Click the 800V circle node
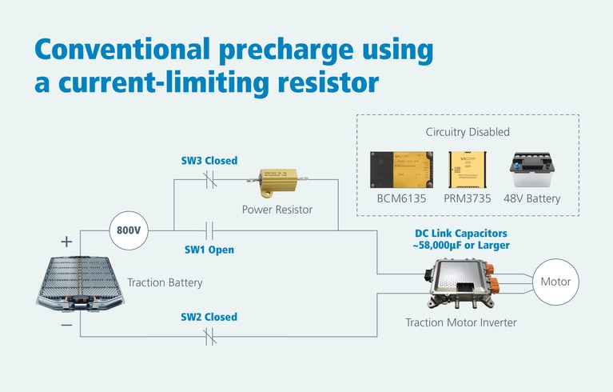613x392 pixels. pos(129,230)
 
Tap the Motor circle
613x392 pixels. pos(555,282)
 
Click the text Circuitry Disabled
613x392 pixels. pos(468,131)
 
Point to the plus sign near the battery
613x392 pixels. pos(66,241)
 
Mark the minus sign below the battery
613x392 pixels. pos(66,325)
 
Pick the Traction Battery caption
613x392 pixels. pos(165,282)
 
